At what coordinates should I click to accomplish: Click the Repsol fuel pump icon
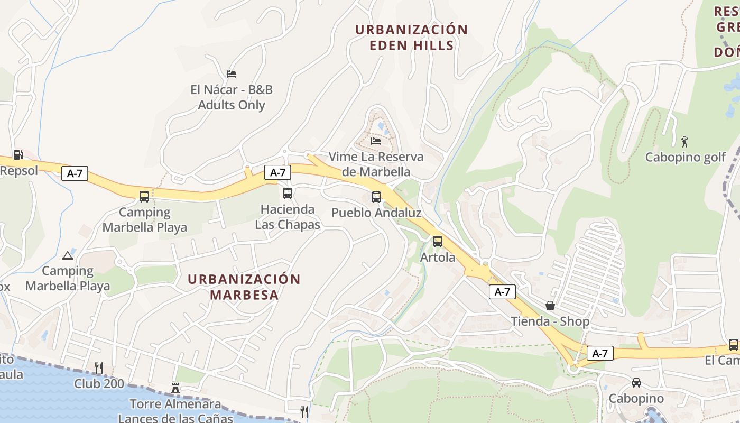(x=18, y=155)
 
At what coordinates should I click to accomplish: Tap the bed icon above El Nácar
(x=232, y=73)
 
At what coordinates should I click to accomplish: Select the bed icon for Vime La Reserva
(x=376, y=141)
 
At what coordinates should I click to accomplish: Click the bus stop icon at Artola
(x=438, y=242)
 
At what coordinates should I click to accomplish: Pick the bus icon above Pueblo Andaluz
(x=376, y=197)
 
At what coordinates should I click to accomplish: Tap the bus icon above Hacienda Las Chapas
(x=288, y=194)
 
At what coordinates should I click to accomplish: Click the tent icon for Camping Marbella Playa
(x=67, y=256)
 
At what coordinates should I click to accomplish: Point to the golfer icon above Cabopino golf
(x=685, y=141)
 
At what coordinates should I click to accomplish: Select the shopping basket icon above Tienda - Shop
(x=550, y=306)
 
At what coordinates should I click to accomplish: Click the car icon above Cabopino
(x=636, y=382)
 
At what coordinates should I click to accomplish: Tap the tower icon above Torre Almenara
(x=175, y=388)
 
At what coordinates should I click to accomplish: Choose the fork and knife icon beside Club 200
(x=98, y=368)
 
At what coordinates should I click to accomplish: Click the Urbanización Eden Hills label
(x=411, y=37)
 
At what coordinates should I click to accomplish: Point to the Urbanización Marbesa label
(x=244, y=287)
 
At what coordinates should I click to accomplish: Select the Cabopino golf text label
(x=686, y=158)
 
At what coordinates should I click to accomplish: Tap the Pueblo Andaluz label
(x=376, y=213)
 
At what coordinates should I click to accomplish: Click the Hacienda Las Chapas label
(x=288, y=217)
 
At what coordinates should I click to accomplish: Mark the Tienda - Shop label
(x=550, y=321)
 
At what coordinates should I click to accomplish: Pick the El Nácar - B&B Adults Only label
(x=232, y=97)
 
